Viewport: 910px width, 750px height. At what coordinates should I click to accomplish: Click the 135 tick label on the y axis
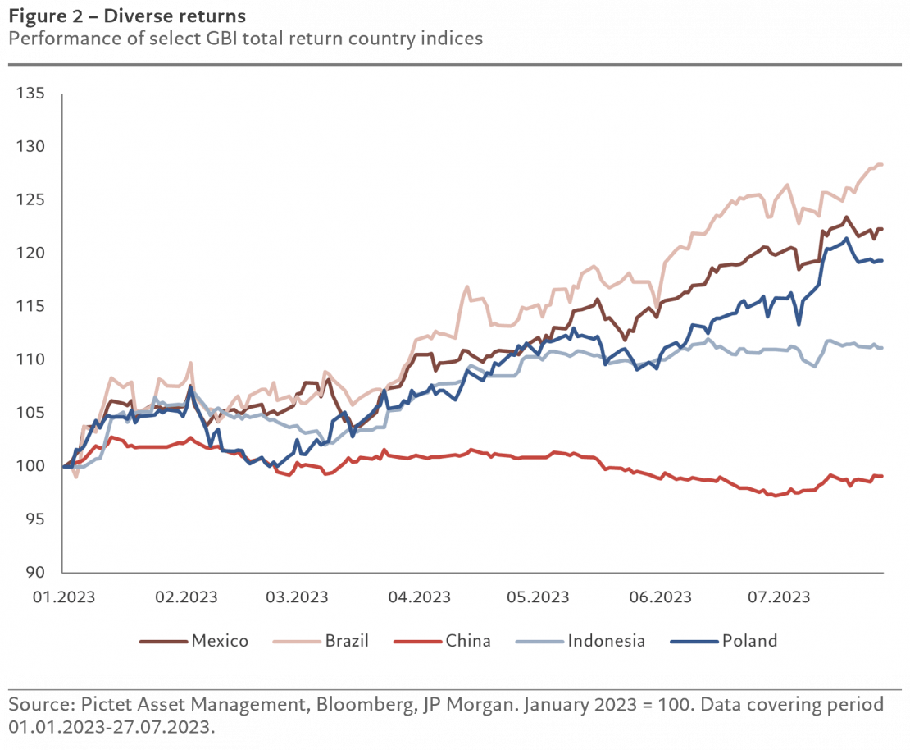(30, 94)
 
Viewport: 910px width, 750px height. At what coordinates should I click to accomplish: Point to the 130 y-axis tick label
(30, 147)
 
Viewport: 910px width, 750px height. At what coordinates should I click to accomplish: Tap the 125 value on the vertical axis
(30, 200)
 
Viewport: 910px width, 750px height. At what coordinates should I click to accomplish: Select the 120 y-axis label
(30, 254)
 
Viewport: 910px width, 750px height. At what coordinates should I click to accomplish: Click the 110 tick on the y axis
(30, 359)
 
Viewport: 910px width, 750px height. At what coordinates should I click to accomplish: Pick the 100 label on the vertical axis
(30, 466)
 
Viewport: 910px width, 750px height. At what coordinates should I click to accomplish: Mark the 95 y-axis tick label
(33, 519)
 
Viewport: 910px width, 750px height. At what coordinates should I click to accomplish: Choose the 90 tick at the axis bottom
(33, 573)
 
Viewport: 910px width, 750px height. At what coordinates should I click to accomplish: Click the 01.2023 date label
(63, 597)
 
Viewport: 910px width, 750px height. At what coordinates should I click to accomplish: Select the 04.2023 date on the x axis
(414, 597)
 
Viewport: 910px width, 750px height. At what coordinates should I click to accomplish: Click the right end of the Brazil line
(881, 165)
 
